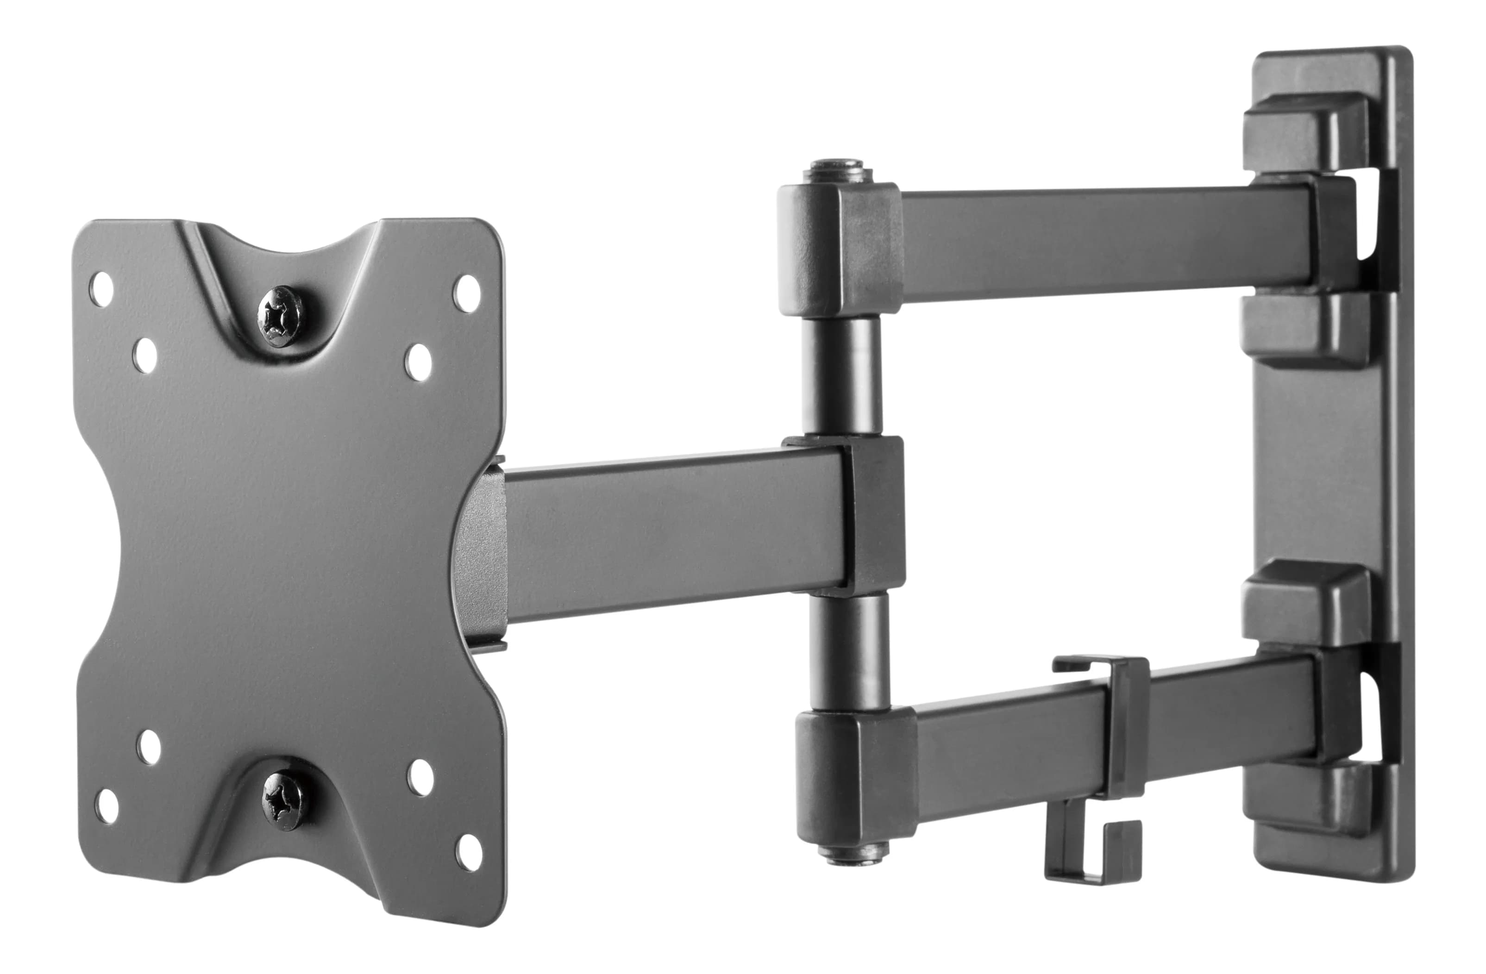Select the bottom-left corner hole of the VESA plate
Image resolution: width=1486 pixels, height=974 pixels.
coord(107,806)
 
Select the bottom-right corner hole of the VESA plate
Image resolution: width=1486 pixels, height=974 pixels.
coord(468,852)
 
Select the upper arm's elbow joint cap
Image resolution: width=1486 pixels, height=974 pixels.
coord(840,249)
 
